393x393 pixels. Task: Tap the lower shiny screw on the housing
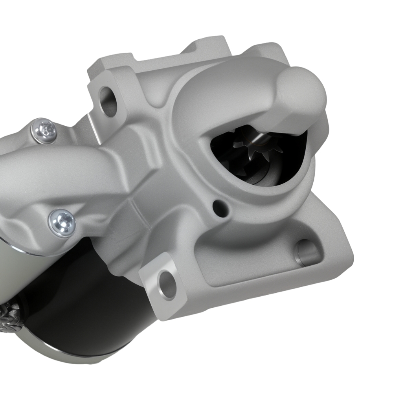click(x=62, y=222)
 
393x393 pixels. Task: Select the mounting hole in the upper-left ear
click(x=108, y=101)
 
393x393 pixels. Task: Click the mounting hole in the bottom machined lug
click(x=166, y=283)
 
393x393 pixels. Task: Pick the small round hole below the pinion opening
click(x=217, y=205)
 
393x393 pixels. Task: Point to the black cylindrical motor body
click(x=79, y=299)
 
